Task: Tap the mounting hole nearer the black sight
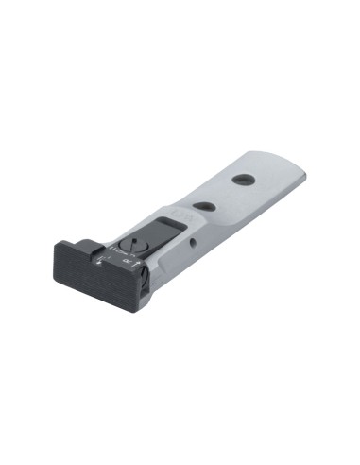click(x=202, y=206)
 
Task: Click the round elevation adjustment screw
click(x=133, y=243)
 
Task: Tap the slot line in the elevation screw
click(x=133, y=242)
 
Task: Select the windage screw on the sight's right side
click(x=143, y=275)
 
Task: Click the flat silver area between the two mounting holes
click(x=225, y=192)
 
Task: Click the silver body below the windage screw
click(x=145, y=301)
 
